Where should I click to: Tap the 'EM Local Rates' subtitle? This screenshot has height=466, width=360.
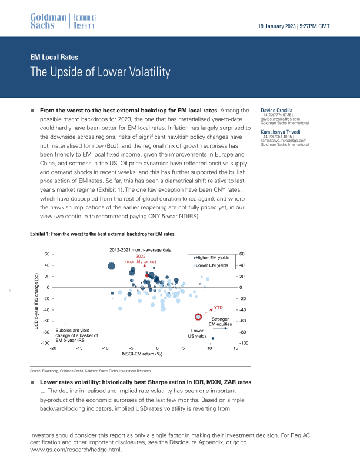(54, 58)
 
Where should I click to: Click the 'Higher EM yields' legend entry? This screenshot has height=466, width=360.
(211, 257)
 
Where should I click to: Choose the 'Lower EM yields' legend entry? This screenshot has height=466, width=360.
(211, 265)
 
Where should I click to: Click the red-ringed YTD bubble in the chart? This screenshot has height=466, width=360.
(198, 317)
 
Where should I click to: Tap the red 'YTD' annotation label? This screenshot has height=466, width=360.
(218, 308)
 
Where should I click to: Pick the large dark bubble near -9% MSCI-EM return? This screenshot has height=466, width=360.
(112, 266)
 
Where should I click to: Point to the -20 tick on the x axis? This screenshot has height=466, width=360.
(54, 349)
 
